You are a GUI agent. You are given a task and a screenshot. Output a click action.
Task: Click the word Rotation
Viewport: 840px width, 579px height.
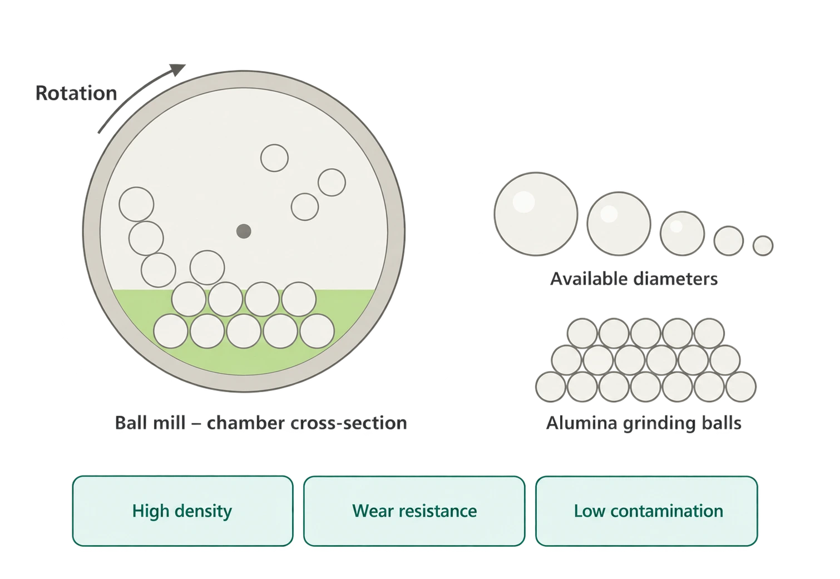coord(76,93)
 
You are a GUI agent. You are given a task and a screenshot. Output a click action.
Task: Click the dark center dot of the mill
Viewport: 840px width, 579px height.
coord(244,231)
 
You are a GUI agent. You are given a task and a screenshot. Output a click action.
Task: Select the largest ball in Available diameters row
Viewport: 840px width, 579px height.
coord(536,214)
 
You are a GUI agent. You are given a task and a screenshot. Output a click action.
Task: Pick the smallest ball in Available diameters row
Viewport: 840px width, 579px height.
coord(763,246)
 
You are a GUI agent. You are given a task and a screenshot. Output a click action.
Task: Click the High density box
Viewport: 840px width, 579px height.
coord(182,511)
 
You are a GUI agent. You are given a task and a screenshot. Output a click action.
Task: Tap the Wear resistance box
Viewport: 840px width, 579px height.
coord(414,511)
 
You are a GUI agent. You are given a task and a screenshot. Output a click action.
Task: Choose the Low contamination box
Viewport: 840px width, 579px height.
coord(646,511)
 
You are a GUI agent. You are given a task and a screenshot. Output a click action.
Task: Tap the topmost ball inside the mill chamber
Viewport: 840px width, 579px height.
coord(274,158)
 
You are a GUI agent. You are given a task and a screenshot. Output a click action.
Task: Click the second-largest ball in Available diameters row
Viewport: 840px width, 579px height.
coord(619,224)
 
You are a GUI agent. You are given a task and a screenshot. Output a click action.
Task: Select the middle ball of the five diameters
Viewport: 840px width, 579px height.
coord(682,234)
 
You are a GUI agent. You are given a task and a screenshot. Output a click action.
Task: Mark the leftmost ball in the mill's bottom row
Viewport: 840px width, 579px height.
coord(171,331)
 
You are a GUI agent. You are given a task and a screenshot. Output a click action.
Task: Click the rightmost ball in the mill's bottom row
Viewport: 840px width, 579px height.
coord(317,331)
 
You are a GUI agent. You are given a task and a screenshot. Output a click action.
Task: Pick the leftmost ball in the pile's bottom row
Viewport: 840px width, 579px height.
coord(551,387)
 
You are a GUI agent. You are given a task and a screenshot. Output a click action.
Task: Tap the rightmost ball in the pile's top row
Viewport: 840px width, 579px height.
coord(709,333)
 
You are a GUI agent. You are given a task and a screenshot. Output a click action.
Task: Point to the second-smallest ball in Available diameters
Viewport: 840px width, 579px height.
coord(728,241)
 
